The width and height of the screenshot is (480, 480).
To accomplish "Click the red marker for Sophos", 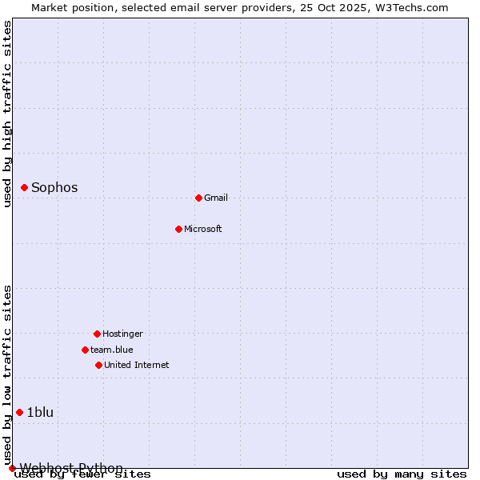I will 25,187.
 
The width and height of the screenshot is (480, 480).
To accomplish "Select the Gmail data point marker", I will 198,198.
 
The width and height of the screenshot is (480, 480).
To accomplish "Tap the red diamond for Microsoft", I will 178,229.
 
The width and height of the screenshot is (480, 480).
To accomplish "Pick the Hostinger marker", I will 97,334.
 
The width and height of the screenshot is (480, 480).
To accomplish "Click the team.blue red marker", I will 85,350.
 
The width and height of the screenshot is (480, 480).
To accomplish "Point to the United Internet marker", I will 98,365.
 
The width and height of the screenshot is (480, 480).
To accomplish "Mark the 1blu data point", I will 20,412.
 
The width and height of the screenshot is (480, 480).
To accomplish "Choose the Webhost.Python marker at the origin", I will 12,468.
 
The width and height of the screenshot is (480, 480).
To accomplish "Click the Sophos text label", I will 54,187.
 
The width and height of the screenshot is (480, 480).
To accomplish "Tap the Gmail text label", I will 216,198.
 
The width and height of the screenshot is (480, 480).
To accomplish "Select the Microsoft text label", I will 203,229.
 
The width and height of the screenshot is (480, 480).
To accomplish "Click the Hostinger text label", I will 122,334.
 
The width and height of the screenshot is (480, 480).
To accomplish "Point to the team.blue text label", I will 112,350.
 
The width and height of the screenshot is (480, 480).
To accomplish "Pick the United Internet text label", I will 137,365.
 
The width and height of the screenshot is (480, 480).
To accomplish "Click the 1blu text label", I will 40,412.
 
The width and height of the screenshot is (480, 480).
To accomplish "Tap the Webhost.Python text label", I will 71,468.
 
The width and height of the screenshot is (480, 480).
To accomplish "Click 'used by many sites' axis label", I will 402,474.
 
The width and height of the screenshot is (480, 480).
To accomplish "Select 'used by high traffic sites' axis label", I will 8,114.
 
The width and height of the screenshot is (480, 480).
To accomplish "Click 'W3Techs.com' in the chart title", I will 414,7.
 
